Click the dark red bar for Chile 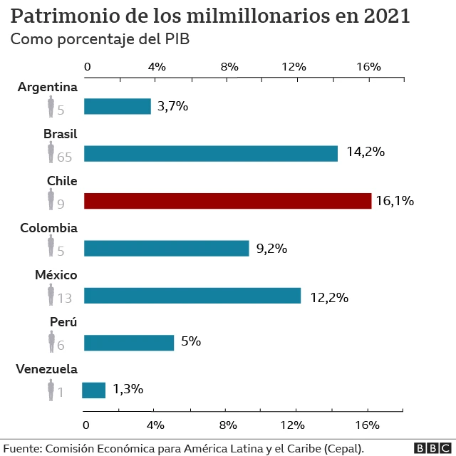227,201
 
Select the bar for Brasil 211,153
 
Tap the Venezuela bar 94,390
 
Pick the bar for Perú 129,343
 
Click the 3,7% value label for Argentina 172,106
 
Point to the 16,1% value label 395,201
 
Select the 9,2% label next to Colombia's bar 271,249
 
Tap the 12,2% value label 328,297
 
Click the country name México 56,275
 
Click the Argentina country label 47,87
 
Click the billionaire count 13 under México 65,299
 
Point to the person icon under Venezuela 51,390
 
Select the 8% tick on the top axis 229,66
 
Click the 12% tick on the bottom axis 294,425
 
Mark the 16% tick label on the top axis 368,66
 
